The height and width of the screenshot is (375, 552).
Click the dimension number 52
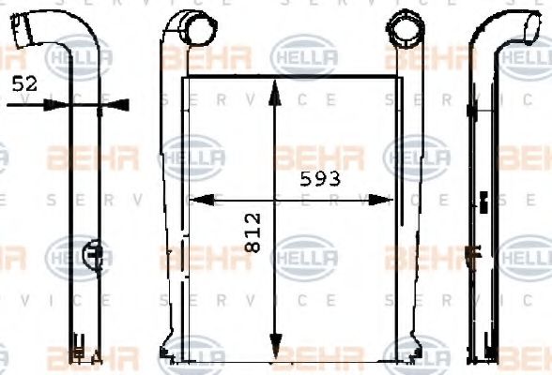point(24,83)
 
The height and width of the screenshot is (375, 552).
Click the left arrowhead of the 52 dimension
point(58,106)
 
